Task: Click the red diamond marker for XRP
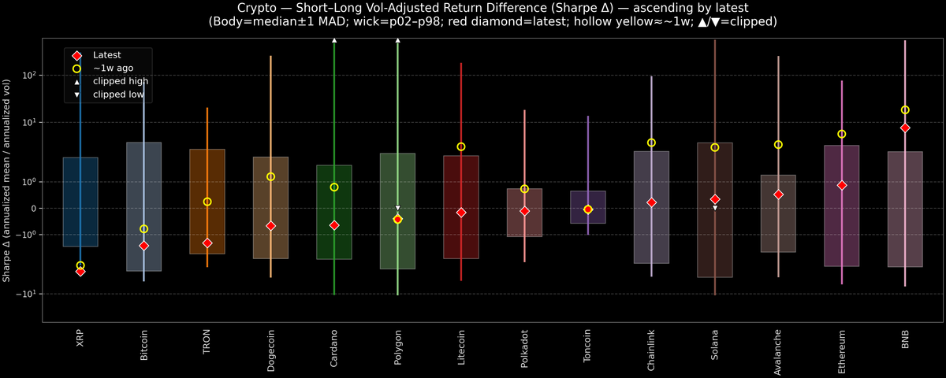[x=80, y=272]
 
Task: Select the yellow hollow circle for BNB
[x=905, y=110]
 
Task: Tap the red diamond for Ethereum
[x=842, y=185]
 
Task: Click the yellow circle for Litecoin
[x=461, y=146]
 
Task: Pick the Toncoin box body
[x=588, y=207]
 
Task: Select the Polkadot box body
[x=524, y=213]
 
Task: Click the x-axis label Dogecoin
[x=270, y=347]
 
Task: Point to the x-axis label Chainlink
[x=651, y=347]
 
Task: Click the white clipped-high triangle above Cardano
[x=334, y=39]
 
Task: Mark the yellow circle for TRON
[x=207, y=202]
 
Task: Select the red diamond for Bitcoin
[x=143, y=246]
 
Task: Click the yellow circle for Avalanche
[x=778, y=145]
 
